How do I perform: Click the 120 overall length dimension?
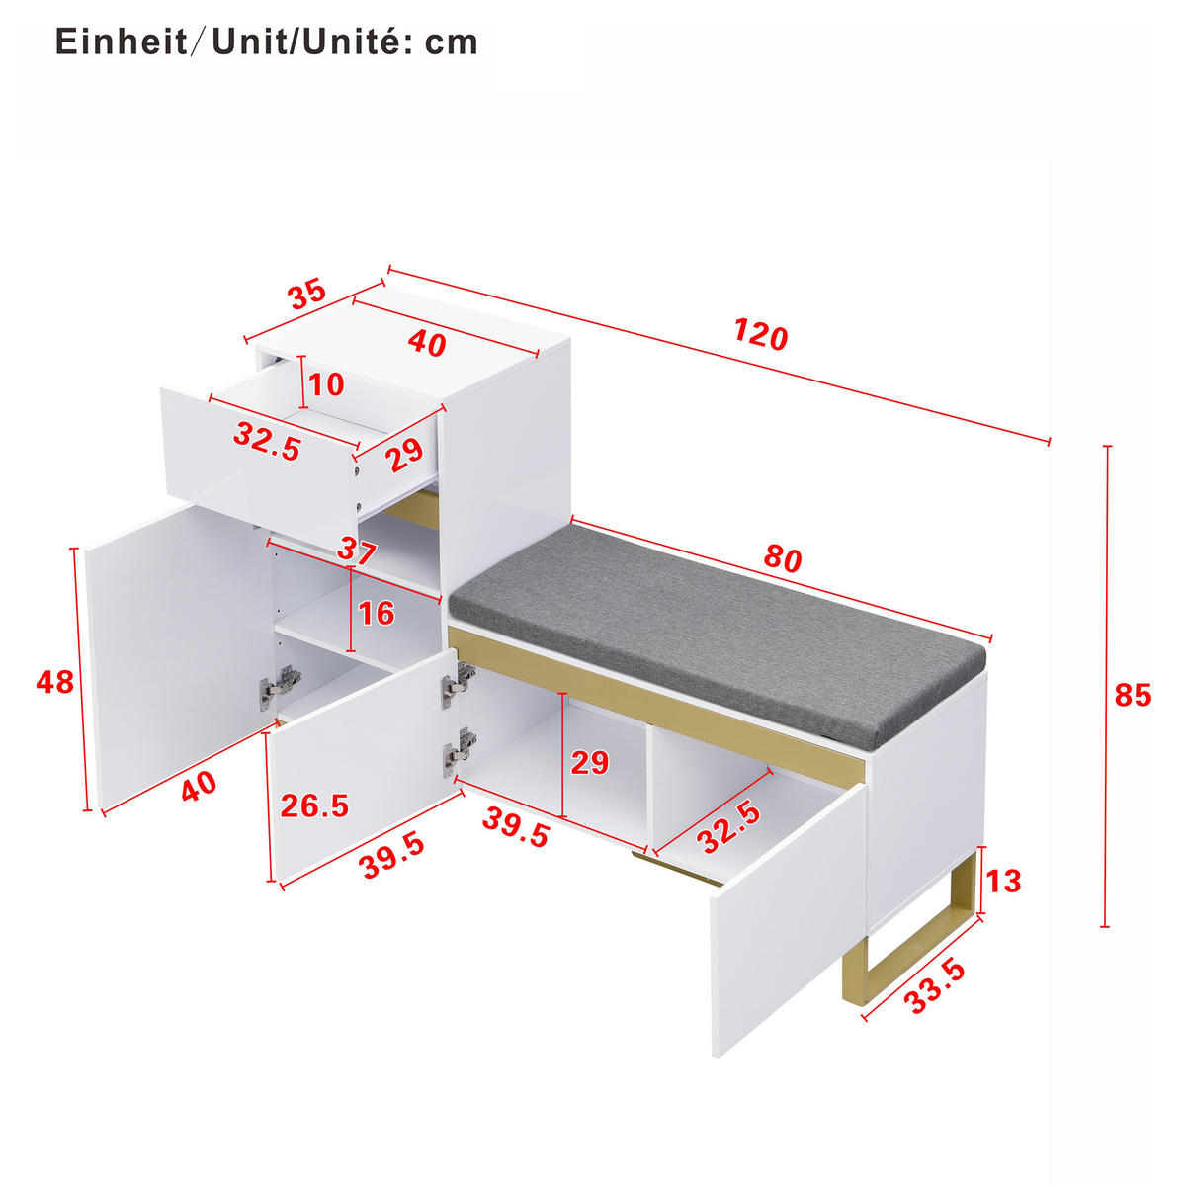(x=760, y=335)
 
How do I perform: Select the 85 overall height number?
(x=1133, y=696)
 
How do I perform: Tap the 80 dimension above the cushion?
(x=782, y=559)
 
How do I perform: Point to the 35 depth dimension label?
(x=306, y=295)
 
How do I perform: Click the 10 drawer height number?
(x=326, y=383)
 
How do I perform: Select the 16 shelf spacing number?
(x=376, y=614)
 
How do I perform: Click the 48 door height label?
(x=54, y=682)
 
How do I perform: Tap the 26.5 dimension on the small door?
(x=314, y=805)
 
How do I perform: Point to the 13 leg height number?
(x=1003, y=881)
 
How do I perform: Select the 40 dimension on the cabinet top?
(x=427, y=343)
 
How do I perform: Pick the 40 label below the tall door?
(x=199, y=787)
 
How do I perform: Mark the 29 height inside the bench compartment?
(x=590, y=763)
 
